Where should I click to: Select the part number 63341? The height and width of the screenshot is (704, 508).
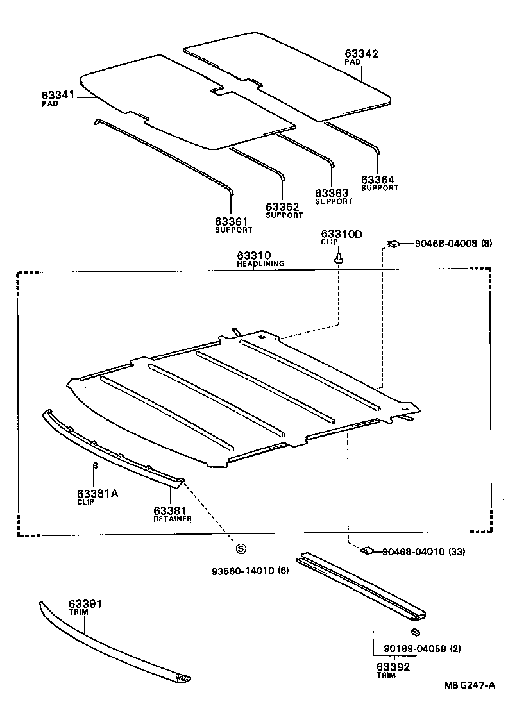pos(59,95)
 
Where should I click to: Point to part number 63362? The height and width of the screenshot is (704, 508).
pos(284,207)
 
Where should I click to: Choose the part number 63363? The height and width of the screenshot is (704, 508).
pos(332,193)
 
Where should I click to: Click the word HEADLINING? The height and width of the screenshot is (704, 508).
pos(260,264)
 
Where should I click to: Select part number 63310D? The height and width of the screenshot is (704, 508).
pos(341,234)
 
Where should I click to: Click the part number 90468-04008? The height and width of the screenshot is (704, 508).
pos(445,243)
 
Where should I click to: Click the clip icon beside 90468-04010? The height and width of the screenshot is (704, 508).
pos(368,550)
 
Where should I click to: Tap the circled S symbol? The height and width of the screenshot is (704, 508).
pos(241,549)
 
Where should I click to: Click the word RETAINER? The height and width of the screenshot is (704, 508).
pos(173,519)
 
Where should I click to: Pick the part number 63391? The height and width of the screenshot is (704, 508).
pos(86,604)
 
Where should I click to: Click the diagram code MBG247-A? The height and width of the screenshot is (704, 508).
pos(470,685)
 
